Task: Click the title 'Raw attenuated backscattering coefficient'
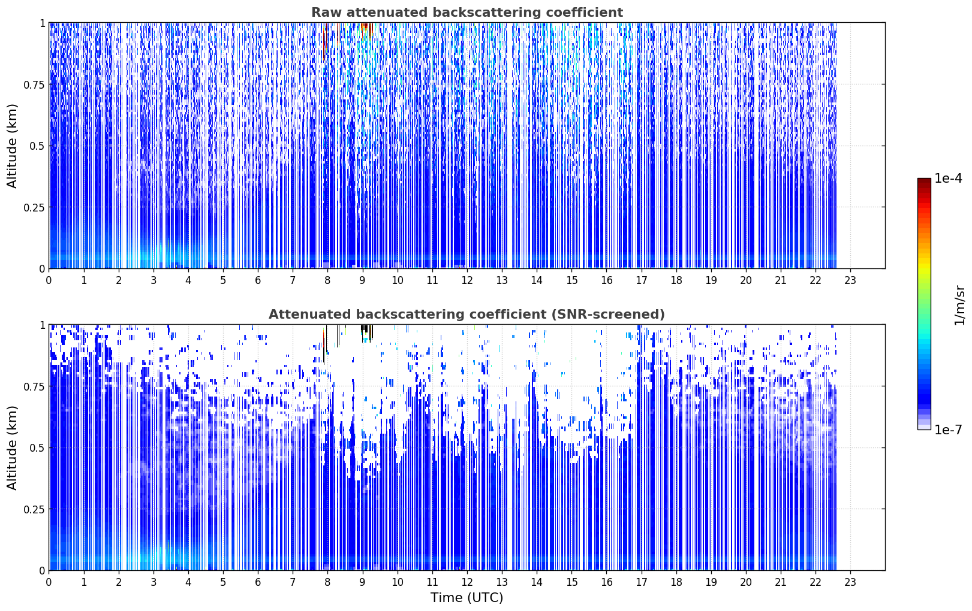pos(467,12)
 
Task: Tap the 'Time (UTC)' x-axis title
pos(467,598)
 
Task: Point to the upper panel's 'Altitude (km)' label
pos(12,146)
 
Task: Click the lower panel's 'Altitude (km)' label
pos(12,448)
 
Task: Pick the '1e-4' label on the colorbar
pos(948,178)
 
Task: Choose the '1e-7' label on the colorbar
pos(948,429)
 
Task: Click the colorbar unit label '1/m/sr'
pos(959,305)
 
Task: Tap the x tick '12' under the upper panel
pos(467,280)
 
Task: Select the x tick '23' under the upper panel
pos(850,280)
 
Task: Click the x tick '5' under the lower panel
pos(223,582)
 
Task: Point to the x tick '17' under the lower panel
pos(642,582)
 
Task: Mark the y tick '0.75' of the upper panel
pos(34,84)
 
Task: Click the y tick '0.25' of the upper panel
pos(34,207)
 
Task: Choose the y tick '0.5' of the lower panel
pos(37,447)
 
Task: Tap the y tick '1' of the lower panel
pos(42,325)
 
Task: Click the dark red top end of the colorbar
pos(924,181)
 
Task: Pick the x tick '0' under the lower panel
pos(49,582)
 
